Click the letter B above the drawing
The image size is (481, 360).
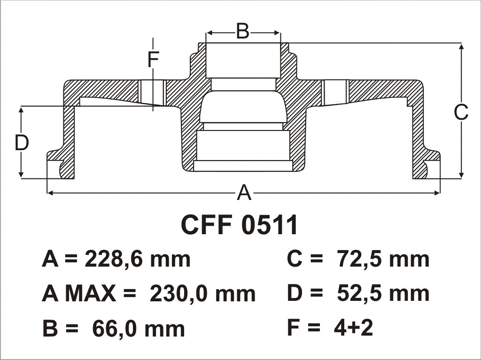tap(243, 31)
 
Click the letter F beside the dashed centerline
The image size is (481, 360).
tap(153, 60)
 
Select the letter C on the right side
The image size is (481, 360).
tap(461, 112)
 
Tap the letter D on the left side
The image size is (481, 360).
tap(22, 143)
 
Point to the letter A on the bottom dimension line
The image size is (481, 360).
tap(244, 192)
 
